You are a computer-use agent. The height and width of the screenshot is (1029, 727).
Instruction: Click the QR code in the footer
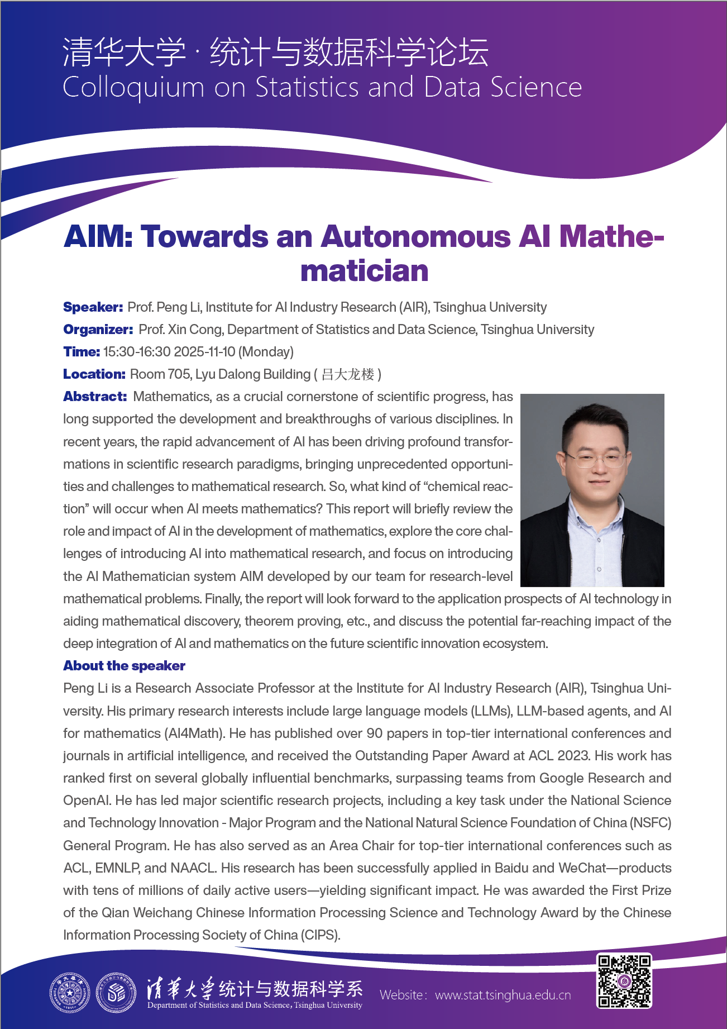(x=624, y=981)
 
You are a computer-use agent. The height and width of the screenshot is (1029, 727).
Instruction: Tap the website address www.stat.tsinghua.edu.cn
(x=503, y=995)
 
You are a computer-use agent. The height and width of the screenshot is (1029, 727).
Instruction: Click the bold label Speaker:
(x=93, y=307)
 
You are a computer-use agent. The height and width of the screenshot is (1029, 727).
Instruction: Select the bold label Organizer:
(x=98, y=330)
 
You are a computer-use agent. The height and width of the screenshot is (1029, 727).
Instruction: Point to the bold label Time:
(x=82, y=352)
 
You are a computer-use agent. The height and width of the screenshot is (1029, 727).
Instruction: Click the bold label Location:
(x=94, y=374)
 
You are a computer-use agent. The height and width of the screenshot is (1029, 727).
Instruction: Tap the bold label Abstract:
(x=95, y=397)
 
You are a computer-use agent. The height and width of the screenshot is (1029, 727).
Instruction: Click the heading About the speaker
(x=124, y=666)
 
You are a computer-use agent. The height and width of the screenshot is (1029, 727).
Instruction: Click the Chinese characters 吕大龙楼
(x=348, y=374)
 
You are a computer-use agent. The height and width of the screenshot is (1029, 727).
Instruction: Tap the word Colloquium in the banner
(x=133, y=88)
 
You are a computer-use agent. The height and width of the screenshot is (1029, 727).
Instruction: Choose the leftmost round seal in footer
(x=70, y=993)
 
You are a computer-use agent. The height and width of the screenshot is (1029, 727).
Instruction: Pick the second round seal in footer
(x=116, y=993)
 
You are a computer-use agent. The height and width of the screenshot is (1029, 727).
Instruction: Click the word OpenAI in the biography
(x=86, y=801)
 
